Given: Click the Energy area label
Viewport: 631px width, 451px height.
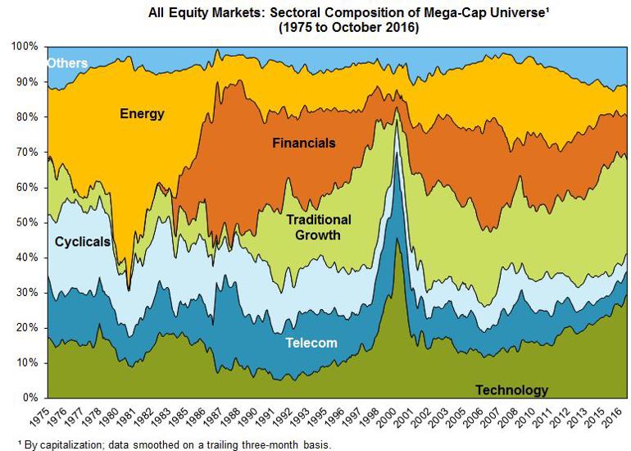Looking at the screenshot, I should pyautogui.click(x=142, y=114).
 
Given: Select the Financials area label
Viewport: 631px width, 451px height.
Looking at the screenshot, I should pyautogui.click(x=304, y=143).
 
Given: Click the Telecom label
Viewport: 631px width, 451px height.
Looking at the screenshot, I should pyautogui.click(x=311, y=343).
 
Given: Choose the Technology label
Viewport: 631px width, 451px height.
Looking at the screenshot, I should pyautogui.click(x=511, y=389).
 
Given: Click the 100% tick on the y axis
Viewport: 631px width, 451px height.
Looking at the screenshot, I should pyautogui.click(x=25, y=47).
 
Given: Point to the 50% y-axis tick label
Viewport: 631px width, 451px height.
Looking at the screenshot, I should pyautogui.click(x=27, y=222).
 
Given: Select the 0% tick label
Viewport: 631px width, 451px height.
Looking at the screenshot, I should pyautogui.click(x=30, y=398).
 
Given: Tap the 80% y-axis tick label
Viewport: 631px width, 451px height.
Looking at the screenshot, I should pyautogui.click(x=27, y=117).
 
